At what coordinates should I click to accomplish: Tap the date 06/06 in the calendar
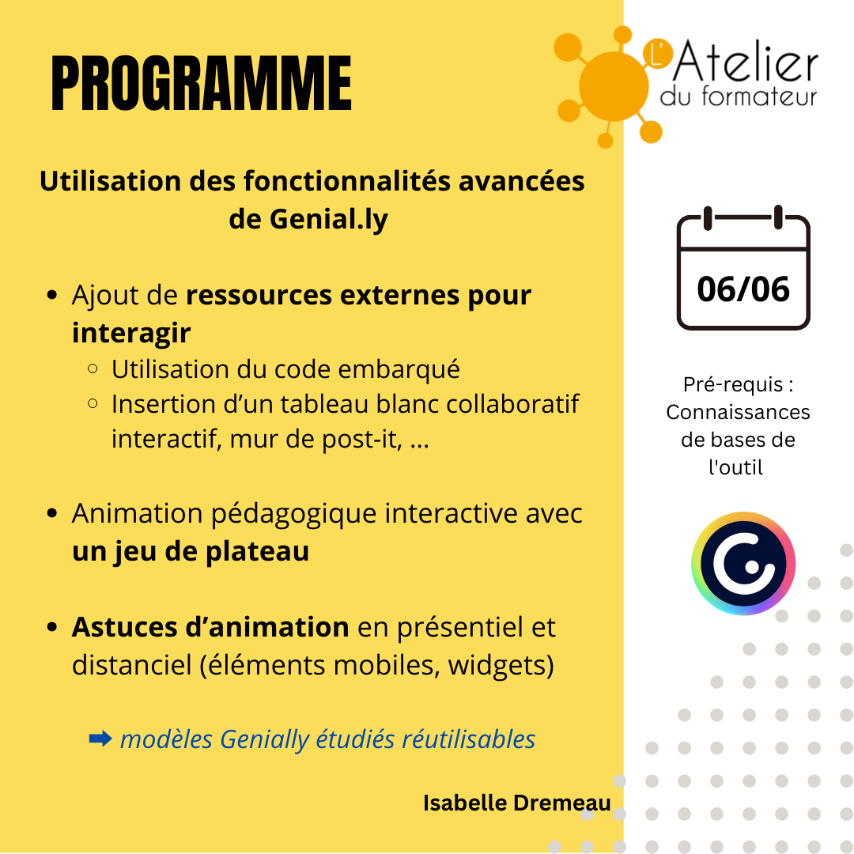coord(743,289)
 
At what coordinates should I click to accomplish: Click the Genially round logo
coord(743,563)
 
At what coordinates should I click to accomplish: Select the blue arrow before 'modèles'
coord(100,739)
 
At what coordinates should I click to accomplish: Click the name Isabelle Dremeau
coord(517,803)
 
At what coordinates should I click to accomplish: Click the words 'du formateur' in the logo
coord(739,96)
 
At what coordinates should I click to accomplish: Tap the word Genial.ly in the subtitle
coord(329,220)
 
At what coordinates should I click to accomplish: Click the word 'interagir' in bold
coord(131,333)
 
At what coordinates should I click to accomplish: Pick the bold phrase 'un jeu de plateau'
coord(191,551)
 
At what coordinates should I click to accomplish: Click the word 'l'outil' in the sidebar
coord(736,467)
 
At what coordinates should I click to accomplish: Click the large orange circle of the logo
coord(614,86)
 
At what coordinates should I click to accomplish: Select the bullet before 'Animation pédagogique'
coord(52,514)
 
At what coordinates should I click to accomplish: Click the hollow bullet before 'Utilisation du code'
coord(93,369)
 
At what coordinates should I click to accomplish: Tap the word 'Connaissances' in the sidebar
coord(738,412)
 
